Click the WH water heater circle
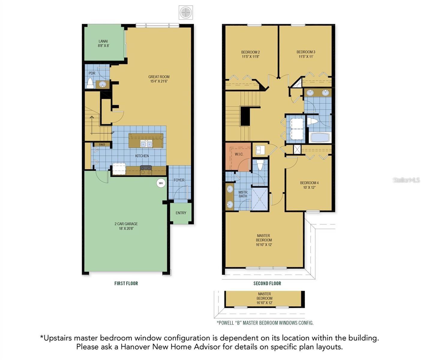[x=161, y=183]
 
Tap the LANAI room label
[x=103, y=41]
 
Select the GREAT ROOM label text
[x=159, y=77]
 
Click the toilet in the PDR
[x=90, y=83]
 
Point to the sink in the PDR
[x=102, y=84]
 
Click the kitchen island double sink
[x=146, y=144]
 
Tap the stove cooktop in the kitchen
[x=146, y=170]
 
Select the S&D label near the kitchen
[x=102, y=145]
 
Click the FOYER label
[x=179, y=180]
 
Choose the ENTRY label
[x=181, y=213]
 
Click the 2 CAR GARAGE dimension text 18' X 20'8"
[x=126, y=229]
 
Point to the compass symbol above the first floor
[x=186, y=13]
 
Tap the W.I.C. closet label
[x=239, y=154]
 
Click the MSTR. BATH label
[x=243, y=194]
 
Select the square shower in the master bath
[x=260, y=199]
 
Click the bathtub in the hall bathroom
[x=320, y=138]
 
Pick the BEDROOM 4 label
[x=309, y=183]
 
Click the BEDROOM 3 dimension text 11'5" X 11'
[x=306, y=57]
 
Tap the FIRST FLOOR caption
[x=126, y=283]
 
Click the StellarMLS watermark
[x=406, y=180]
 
